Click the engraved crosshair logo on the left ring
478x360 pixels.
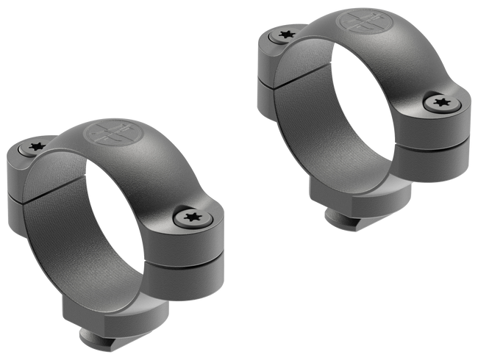pos(102,136)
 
